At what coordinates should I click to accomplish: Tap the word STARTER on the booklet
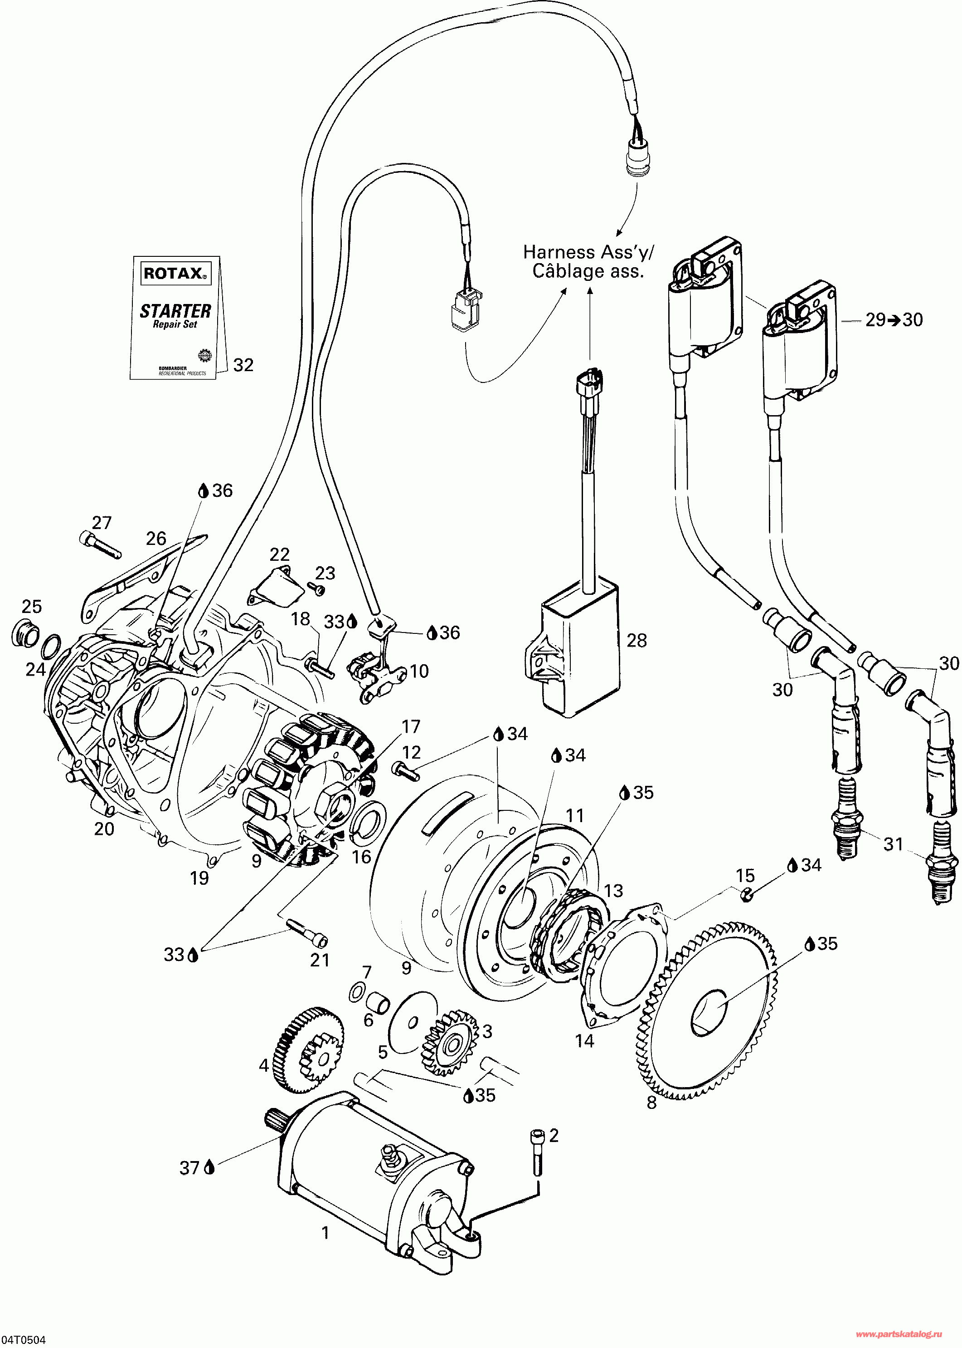pyautogui.click(x=175, y=311)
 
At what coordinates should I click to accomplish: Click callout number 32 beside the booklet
pyautogui.click(x=243, y=365)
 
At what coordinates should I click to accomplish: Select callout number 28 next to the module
pyautogui.click(x=637, y=640)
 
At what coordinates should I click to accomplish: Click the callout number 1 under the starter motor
pyautogui.click(x=325, y=1233)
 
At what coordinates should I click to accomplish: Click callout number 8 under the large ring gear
pyautogui.click(x=651, y=1103)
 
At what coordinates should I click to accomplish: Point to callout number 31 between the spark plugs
pyautogui.click(x=893, y=844)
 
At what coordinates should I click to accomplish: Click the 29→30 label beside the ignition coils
pyautogui.click(x=894, y=320)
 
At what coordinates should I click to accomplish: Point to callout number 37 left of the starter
pyautogui.click(x=189, y=1167)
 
